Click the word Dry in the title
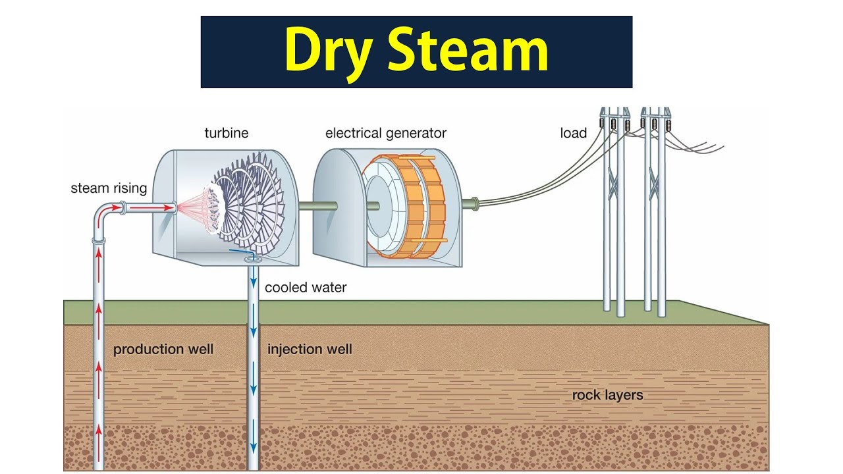coord(327,51)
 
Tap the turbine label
coord(227,133)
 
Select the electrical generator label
coord(386,133)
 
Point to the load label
coord(574,134)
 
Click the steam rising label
coord(109,189)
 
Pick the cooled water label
coord(306,288)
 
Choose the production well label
coord(163,349)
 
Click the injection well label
coord(310,349)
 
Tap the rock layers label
coord(607,395)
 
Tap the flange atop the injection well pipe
coord(252,261)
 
